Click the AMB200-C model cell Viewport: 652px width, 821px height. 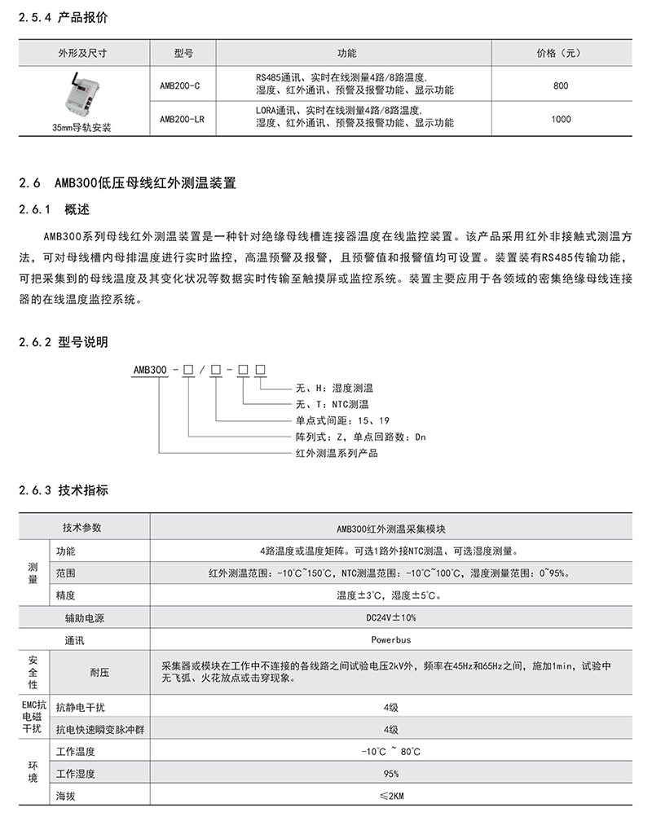(x=182, y=86)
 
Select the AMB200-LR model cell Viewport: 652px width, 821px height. (x=183, y=119)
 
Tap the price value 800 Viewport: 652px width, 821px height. (x=561, y=86)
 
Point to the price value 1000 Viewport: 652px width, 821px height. (x=561, y=119)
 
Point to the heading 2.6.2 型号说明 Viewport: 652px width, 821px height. (x=62, y=342)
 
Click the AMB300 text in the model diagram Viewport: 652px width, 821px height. (x=150, y=370)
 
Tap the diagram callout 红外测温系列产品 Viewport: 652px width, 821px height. (x=336, y=453)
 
